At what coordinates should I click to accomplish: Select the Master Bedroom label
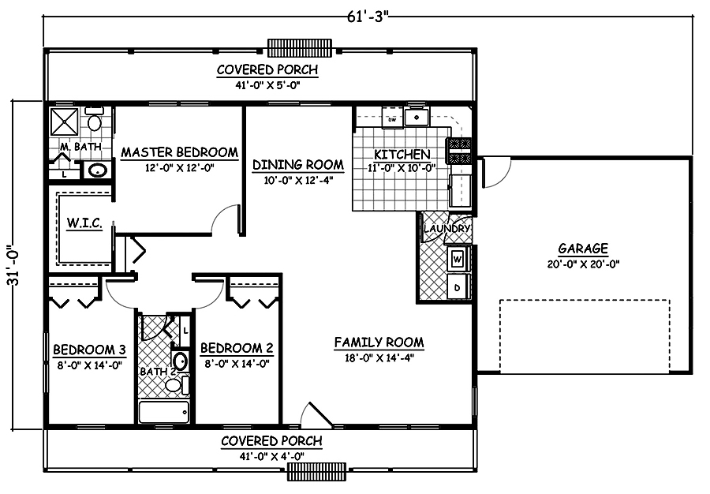tap(179, 152)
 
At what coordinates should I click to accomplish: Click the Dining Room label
tap(297, 165)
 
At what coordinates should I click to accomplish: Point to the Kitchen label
tap(402, 154)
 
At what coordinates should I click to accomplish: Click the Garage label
tap(582, 247)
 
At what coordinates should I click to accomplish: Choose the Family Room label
tap(379, 342)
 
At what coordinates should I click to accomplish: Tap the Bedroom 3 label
tap(86, 350)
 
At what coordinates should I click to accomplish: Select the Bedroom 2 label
tap(237, 348)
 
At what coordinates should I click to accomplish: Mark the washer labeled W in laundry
tap(458, 258)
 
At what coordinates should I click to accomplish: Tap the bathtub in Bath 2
tap(164, 412)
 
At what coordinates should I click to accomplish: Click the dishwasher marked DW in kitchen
tap(391, 119)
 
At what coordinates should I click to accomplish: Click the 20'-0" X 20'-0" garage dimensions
tap(582, 264)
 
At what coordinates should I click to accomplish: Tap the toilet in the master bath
tap(95, 122)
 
